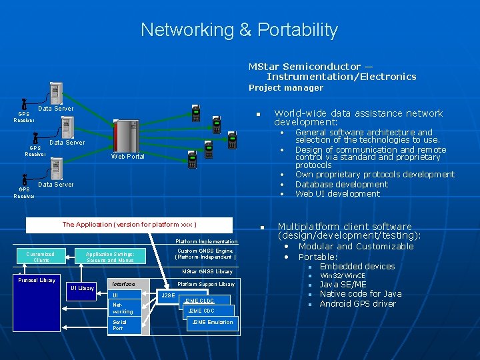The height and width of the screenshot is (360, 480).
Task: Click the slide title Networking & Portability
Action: (x=239, y=30)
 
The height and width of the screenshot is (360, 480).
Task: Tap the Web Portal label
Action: (x=127, y=157)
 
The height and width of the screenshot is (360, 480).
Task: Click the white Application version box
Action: (x=129, y=225)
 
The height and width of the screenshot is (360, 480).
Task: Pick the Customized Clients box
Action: (x=41, y=257)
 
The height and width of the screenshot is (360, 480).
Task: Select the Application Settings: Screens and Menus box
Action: (x=110, y=257)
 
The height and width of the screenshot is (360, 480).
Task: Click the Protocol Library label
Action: (x=37, y=280)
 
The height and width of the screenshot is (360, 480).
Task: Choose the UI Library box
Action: (x=82, y=288)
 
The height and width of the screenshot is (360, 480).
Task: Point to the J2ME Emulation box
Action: (x=212, y=322)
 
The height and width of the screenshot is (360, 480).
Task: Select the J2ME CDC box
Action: (x=201, y=311)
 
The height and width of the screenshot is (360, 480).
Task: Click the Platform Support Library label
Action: (x=206, y=284)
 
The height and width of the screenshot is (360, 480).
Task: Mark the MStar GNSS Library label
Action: (x=207, y=271)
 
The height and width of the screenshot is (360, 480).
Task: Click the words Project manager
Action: (x=285, y=87)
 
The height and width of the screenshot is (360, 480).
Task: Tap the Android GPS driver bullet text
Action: (x=357, y=304)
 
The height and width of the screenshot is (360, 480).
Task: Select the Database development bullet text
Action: (x=341, y=184)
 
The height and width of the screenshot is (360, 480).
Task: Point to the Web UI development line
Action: (x=337, y=194)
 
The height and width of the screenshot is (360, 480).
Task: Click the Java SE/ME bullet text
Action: (x=343, y=285)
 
